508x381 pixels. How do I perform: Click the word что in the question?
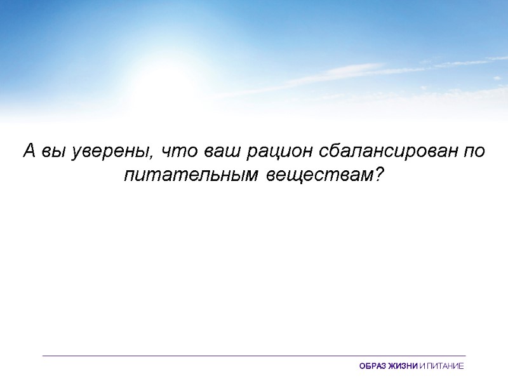180,153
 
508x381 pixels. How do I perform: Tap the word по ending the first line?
474,153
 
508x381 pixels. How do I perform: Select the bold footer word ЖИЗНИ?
404,366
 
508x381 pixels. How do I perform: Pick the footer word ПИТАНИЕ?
446,366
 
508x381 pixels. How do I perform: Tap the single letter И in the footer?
424,366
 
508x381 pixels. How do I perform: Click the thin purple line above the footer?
254,356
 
